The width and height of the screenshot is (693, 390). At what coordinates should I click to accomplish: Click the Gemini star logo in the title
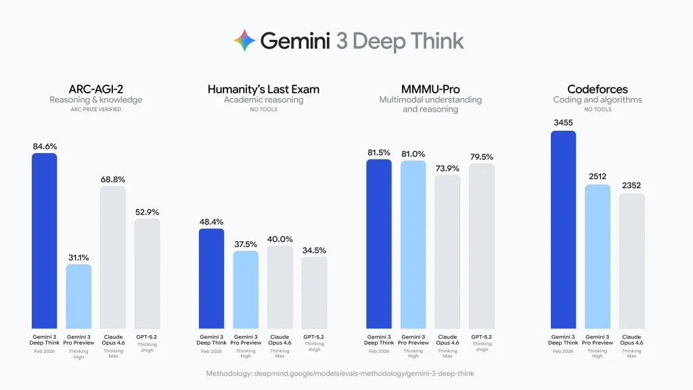tap(244, 41)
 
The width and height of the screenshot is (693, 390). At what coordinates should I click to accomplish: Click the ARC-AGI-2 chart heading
tap(95, 89)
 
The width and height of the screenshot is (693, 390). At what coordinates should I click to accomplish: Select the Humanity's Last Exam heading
tap(263, 89)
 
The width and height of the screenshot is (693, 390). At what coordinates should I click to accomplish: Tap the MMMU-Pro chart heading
tap(430, 89)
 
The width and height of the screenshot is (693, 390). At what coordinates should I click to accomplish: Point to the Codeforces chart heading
tap(597, 89)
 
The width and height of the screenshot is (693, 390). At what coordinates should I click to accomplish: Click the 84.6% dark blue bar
tap(45, 241)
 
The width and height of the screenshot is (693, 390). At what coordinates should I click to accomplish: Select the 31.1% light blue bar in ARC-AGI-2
tap(79, 297)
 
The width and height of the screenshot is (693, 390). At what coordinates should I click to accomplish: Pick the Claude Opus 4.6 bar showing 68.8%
tap(113, 257)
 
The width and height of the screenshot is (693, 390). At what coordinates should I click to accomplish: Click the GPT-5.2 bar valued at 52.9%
tap(147, 274)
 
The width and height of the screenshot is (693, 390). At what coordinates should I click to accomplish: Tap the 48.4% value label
tap(210, 221)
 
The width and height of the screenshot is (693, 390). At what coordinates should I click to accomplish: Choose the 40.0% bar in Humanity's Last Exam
tap(280, 287)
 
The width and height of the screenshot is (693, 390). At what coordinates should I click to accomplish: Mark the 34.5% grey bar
tap(314, 292)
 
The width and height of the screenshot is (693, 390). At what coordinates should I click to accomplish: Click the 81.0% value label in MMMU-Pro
tap(413, 154)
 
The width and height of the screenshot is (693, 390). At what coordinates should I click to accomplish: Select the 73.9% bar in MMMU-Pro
tap(447, 252)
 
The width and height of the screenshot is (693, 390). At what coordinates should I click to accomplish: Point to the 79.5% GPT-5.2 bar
tap(481, 246)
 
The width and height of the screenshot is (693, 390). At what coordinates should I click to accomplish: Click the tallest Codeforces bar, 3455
tap(563, 230)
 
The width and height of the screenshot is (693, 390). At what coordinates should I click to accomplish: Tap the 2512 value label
tap(597, 177)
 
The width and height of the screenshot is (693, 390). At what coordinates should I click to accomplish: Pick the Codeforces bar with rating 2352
tap(631, 261)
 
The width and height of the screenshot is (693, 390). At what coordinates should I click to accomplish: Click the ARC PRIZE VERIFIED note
tap(95, 110)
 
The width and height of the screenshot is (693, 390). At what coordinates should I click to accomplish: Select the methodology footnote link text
tap(346, 373)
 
